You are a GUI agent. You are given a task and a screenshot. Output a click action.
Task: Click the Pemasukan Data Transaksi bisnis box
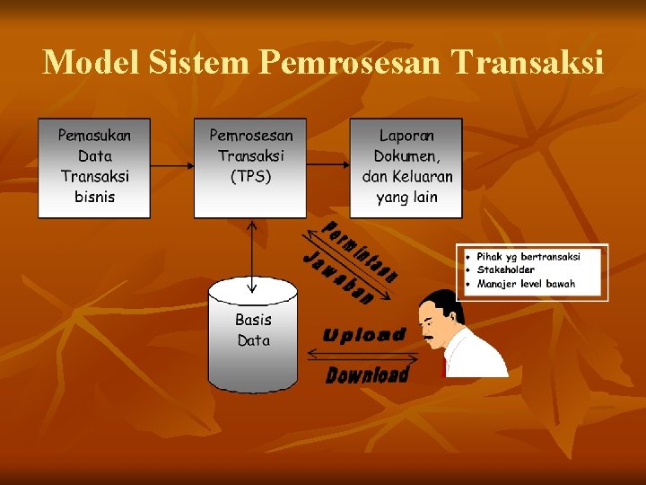tap(94, 168)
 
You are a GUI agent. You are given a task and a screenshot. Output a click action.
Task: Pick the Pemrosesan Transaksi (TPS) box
tap(250, 168)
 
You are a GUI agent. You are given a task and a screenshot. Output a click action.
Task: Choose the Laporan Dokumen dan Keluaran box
tap(406, 168)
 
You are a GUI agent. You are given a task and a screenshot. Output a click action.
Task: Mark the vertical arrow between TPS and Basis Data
tap(252, 256)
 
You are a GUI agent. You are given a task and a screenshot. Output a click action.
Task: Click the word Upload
tap(364, 335)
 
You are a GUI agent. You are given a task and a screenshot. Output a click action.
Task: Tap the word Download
tap(367, 375)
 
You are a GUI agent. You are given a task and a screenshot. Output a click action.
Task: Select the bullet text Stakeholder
tap(506, 269)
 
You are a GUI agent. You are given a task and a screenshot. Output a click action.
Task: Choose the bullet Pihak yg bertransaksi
tap(528, 256)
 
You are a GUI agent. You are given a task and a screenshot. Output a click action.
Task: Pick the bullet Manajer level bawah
tap(527, 284)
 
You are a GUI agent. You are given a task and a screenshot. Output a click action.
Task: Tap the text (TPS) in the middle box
tap(250, 177)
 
